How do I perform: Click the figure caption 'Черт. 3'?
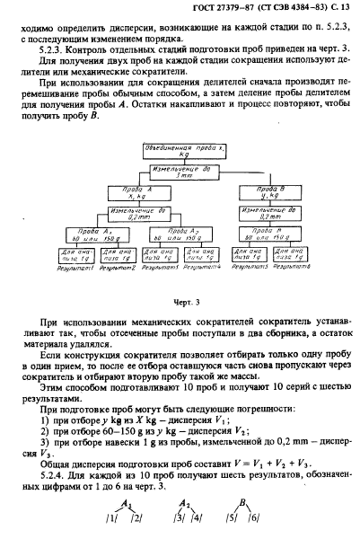click(182, 305)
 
